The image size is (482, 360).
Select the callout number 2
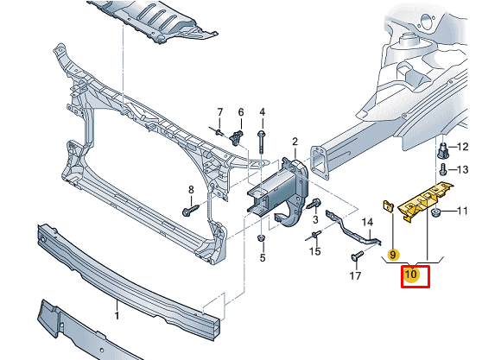(294, 142)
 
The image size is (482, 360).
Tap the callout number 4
(263, 112)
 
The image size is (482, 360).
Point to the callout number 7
(219, 112)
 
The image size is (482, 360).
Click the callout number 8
(191, 190)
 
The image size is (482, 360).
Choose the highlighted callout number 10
(411, 275)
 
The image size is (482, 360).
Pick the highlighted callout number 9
(392, 256)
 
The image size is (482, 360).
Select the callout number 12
(462, 147)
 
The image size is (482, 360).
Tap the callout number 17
(355, 277)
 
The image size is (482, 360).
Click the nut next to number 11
(437, 212)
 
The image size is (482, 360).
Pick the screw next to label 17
(356, 256)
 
